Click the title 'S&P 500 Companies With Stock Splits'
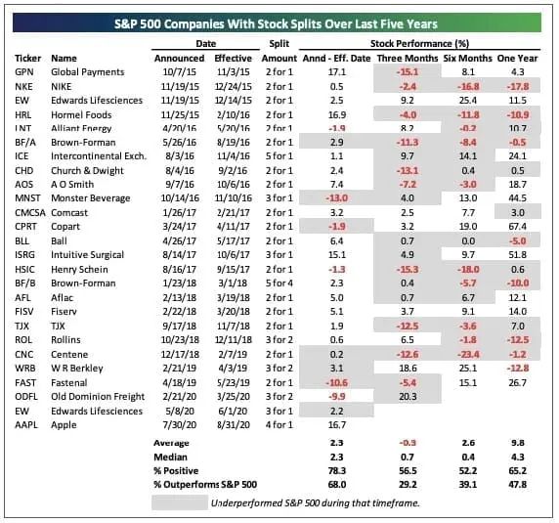click(279, 22)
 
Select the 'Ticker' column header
click(28, 58)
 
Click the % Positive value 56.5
click(404, 471)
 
